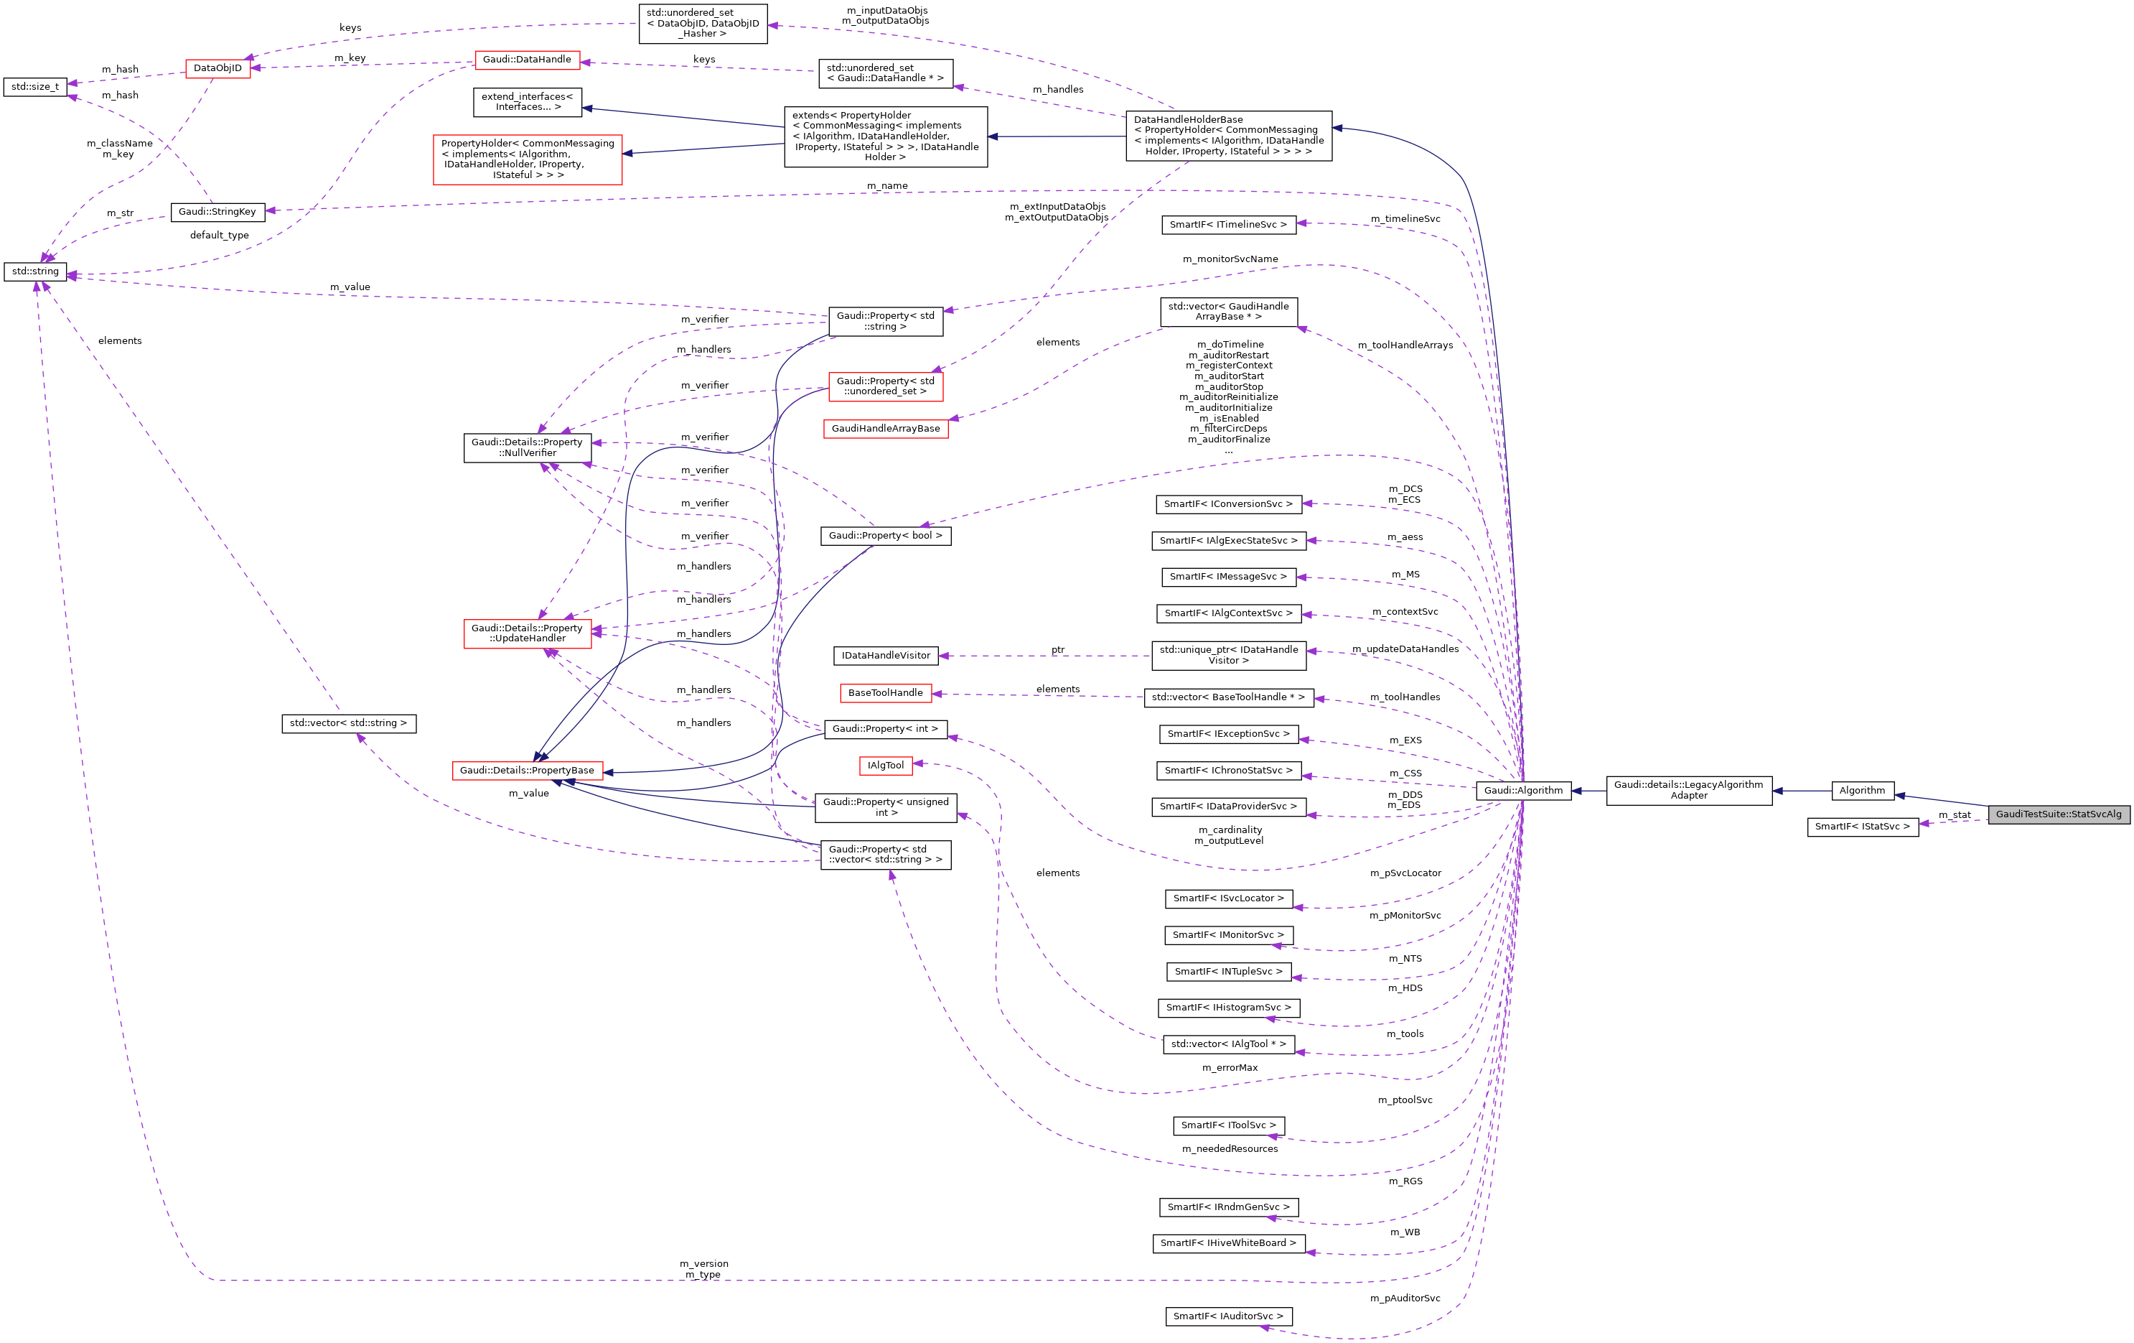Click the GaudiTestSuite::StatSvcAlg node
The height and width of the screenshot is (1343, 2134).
coord(2058,814)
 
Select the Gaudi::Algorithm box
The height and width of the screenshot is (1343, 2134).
coord(1522,790)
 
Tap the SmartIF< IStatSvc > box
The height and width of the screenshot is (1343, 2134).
coord(1862,826)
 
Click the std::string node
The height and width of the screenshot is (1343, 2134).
coord(34,271)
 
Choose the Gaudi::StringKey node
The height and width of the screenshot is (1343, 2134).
coord(217,212)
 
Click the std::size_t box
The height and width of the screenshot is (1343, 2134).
coord(34,87)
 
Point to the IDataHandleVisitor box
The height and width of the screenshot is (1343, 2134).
coord(885,655)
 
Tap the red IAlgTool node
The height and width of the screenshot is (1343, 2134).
coord(885,765)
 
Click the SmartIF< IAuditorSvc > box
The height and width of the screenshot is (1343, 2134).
coord(1227,1316)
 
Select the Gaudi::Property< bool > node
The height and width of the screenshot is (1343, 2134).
coord(884,536)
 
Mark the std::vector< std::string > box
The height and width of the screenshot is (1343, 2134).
coord(348,723)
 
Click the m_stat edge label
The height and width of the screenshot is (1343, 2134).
coord(1954,814)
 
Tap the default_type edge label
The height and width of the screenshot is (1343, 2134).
coord(219,235)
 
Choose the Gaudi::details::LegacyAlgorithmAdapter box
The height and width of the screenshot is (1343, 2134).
coord(1688,790)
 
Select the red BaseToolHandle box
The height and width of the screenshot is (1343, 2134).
coord(884,693)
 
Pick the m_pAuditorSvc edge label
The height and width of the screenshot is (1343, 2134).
coord(1405,1298)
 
